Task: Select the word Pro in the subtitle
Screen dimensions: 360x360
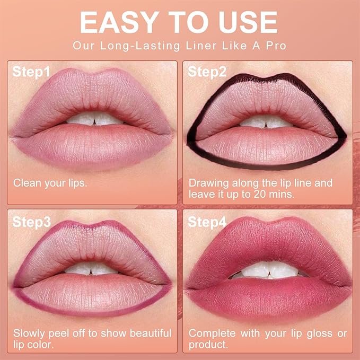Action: [276, 46]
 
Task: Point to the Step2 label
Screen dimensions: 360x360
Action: [207, 72]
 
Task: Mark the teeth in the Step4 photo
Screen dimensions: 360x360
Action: [268, 269]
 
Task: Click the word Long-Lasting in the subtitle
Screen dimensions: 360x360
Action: [138, 46]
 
